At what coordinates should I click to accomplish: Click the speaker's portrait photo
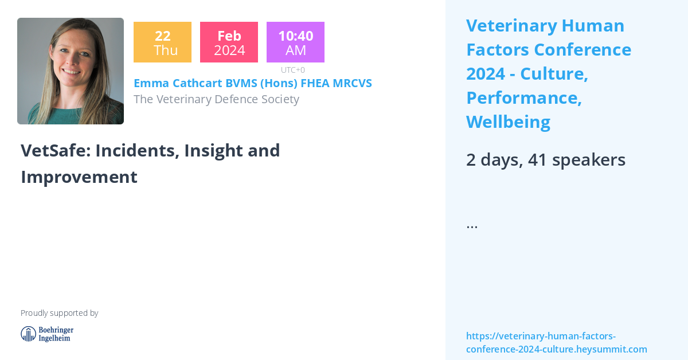tap(71, 71)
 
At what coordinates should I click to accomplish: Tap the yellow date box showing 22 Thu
tap(162, 42)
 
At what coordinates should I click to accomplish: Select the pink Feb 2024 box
tap(229, 42)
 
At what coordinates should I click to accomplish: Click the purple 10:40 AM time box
tap(295, 42)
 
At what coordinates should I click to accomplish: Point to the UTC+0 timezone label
tap(292, 70)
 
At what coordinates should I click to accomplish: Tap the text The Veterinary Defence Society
tap(216, 99)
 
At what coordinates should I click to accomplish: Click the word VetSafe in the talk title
tap(55, 150)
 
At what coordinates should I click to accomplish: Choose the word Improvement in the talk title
tap(79, 177)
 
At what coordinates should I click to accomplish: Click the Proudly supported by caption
tap(59, 313)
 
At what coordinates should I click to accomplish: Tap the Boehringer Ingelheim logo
tap(47, 334)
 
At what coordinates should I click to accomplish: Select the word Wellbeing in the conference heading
tap(508, 122)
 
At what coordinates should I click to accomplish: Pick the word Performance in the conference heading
tap(523, 98)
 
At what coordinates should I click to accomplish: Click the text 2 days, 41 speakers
tap(545, 160)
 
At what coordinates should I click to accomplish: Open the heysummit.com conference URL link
tap(556, 342)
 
